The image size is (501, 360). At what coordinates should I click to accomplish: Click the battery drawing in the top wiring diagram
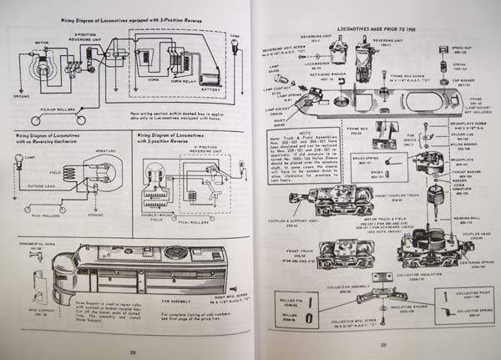click(211, 79)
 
